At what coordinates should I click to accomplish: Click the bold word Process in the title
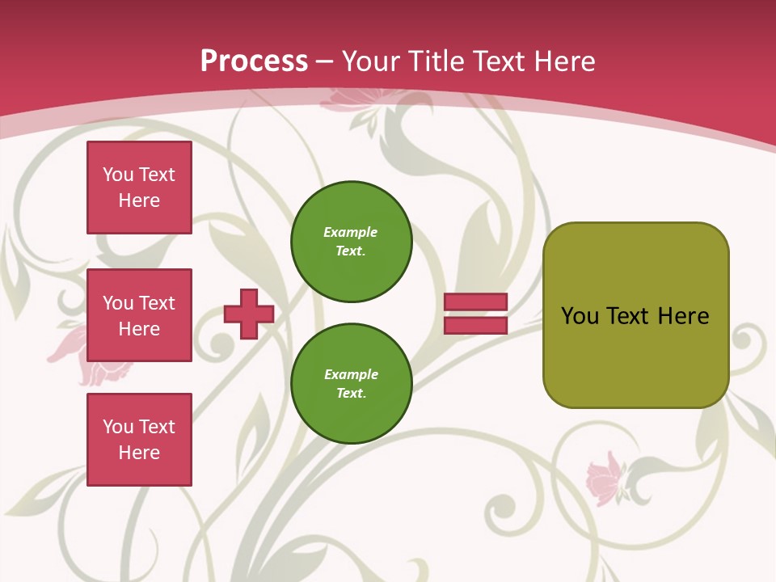click(x=254, y=61)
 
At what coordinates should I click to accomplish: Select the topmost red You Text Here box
click(x=139, y=188)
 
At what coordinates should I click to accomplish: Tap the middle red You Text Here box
click(x=139, y=315)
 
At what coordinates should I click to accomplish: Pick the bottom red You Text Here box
click(x=139, y=439)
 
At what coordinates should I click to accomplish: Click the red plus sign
click(x=248, y=314)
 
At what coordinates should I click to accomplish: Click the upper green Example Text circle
click(x=351, y=241)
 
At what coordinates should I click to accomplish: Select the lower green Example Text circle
click(x=351, y=383)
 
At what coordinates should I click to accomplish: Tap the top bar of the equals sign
click(x=475, y=302)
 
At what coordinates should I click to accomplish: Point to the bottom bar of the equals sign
click(x=475, y=325)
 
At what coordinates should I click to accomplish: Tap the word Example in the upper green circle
click(x=351, y=232)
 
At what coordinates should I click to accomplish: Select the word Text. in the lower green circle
click(x=351, y=393)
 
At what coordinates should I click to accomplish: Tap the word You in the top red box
click(x=117, y=175)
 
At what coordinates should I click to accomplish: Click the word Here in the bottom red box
click(x=139, y=453)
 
